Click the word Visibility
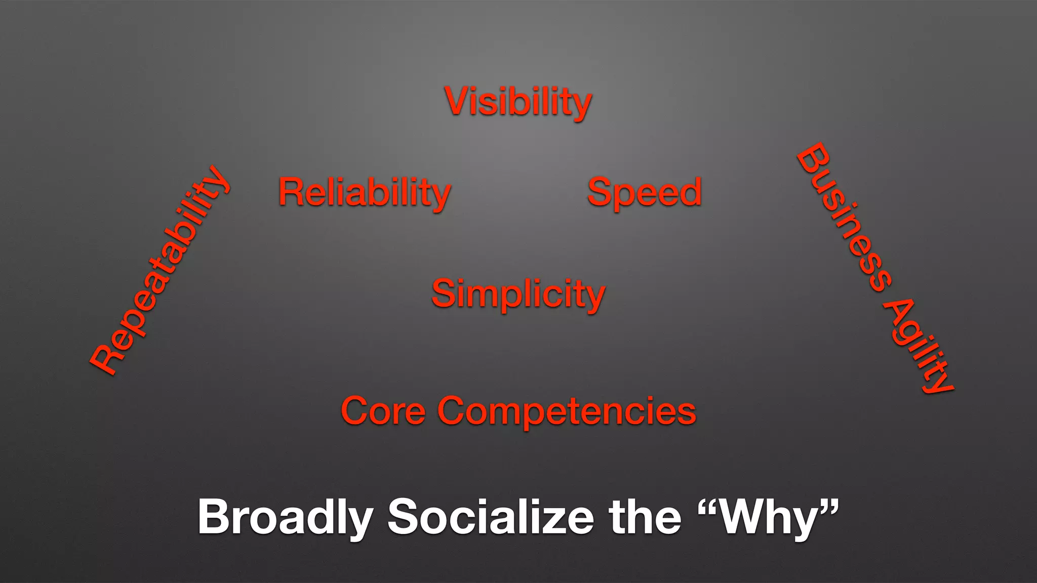click(518, 102)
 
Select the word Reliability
click(365, 193)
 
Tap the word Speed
click(644, 193)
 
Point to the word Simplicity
click(518, 295)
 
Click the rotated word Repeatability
click(159, 271)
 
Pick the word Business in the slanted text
click(844, 218)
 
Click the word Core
click(383, 411)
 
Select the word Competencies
click(567, 411)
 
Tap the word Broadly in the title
click(285, 517)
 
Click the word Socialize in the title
click(491, 517)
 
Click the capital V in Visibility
click(458, 101)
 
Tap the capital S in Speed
click(601, 193)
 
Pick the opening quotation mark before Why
click(709, 506)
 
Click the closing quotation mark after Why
click(828, 506)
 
